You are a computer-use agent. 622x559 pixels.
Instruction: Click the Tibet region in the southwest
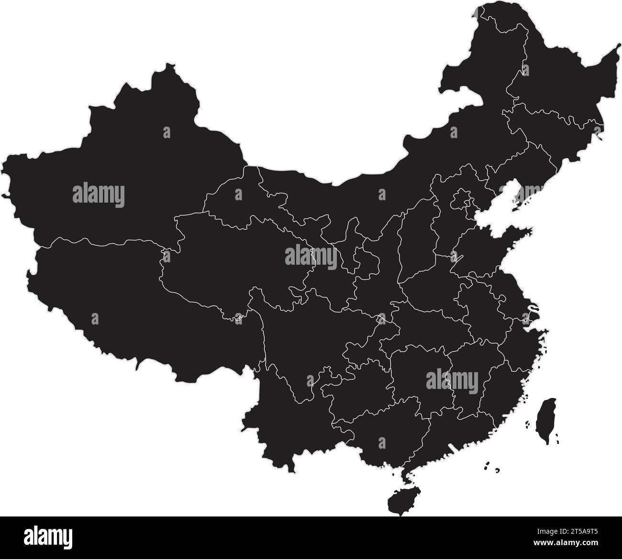pos(120,296)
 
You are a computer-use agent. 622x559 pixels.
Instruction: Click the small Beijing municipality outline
pos(462,198)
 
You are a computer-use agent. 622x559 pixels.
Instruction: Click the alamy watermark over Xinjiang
pos(99,195)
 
